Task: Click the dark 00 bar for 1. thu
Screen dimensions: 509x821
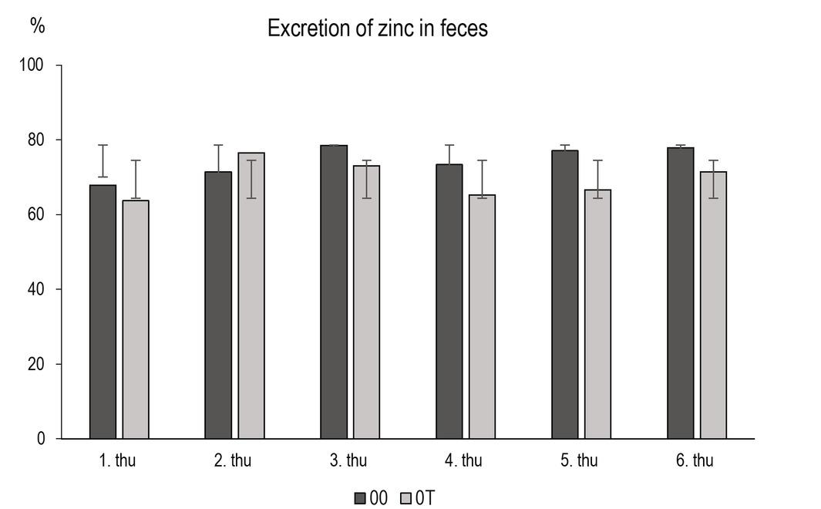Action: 103,312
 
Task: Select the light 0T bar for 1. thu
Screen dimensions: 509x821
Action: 136,319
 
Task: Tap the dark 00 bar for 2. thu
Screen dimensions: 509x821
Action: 218,305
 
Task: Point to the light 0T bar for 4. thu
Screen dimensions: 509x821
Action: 483,316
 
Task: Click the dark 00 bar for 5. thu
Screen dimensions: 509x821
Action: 565,294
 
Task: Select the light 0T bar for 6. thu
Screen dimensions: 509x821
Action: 713,305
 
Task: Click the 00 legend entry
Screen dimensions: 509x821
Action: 371,498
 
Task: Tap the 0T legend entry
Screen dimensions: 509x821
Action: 417,498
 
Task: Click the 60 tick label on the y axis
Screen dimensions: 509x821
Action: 35,214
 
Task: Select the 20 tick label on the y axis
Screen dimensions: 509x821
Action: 35,364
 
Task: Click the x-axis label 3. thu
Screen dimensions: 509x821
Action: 348,461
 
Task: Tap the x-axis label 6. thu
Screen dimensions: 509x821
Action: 695,461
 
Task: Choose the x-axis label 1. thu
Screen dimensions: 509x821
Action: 117,461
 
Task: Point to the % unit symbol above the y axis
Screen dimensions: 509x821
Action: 38,25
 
